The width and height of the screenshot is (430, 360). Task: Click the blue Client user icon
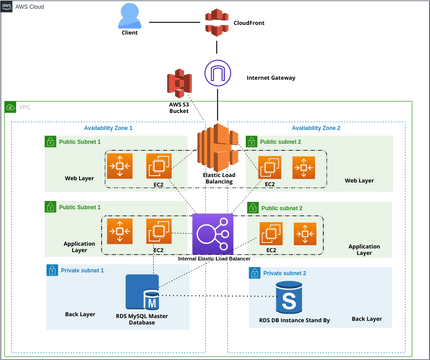click(129, 16)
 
